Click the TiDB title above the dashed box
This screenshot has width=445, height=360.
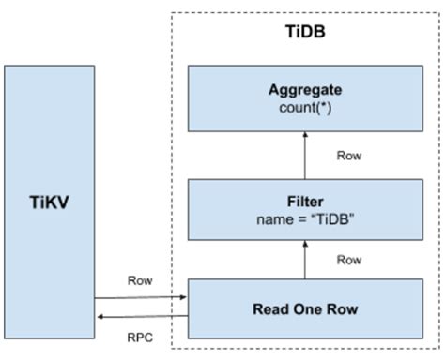(x=304, y=31)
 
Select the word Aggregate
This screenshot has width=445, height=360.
(x=306, y=92)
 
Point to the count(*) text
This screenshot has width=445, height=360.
(x=306, y=109)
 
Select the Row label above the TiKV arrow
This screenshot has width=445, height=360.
(x=140, y=279)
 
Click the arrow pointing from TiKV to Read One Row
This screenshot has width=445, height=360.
(x=140, y=297)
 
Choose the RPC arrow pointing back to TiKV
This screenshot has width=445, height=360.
(x=140, y=317)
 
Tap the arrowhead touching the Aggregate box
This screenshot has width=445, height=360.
(x=306, y=136)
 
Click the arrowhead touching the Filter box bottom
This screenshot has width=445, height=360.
(x=306, y=240)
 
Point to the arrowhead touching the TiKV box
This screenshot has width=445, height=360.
(x=98, y=317)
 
